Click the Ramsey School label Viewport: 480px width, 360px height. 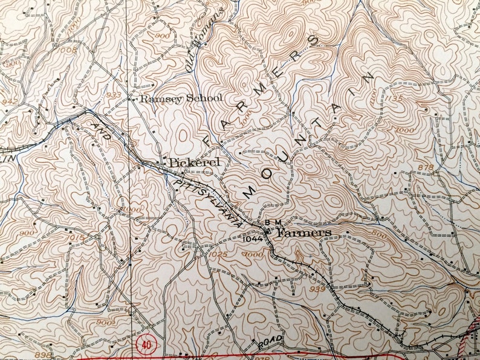(x=181, y=98)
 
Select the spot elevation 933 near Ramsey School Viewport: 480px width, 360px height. (x=114, y=95)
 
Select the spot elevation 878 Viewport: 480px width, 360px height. (x=425, y=167)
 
